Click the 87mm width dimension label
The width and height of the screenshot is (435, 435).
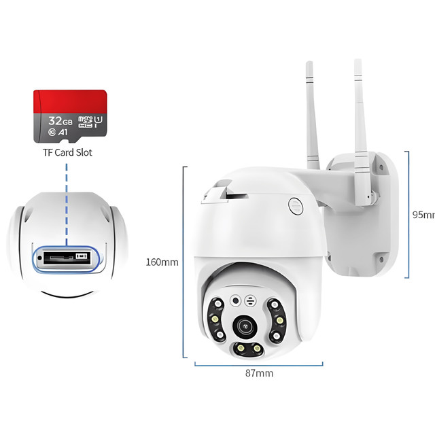[x=259, y=373]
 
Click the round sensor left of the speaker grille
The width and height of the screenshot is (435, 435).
[x=235, y=300]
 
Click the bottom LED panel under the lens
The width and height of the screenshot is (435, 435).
[x=248, y=349]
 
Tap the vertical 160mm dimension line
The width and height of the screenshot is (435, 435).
[x=184, y=262]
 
